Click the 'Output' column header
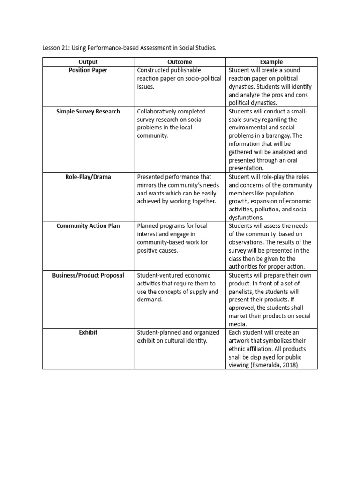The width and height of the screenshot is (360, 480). click(88, 62)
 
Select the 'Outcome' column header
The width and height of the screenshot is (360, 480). click(180, 62)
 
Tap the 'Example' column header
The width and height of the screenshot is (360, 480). click(271, 62)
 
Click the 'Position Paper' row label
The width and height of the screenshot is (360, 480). click(88, 70)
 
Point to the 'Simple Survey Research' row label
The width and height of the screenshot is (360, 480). click(88, 112)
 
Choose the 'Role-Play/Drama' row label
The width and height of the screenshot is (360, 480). click(88, 177)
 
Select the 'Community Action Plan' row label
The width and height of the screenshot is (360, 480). click(88, 226)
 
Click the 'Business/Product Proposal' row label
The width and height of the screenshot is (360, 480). click(88, 275)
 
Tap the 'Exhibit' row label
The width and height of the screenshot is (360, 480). click(88, 332)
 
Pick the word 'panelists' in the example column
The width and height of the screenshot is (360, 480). click(245, 292)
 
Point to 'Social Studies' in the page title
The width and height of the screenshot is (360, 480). click(197, 47)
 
